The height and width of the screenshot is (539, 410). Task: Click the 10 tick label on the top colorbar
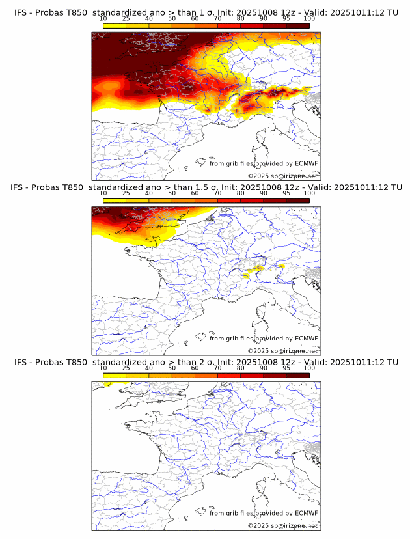(x=103, y=20)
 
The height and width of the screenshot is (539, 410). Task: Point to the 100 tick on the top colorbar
(x=309, y=20)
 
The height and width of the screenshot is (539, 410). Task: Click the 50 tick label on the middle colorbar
(x=172, y=194)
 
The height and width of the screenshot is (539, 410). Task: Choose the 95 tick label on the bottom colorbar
(x=286, y=368)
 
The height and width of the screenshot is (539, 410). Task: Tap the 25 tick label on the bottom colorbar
(x=126, y=368)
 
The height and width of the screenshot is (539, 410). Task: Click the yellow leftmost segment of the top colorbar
(x=115, y=25)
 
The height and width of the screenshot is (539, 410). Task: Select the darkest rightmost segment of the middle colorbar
(x=298, y=200)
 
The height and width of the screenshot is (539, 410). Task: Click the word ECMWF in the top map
(x=306, y=163)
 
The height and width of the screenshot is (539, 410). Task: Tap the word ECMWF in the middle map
(x=306, y=338)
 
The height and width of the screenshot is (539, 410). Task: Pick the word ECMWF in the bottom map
(x=306, y=513)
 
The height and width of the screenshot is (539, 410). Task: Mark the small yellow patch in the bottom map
(x=107, y=385)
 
